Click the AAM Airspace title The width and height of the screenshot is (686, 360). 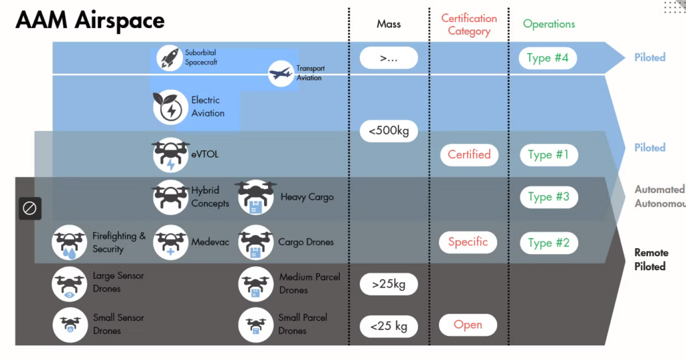[90, 21]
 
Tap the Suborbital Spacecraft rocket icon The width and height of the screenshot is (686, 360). [169, 58]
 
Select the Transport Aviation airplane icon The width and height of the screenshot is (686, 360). [281, 73]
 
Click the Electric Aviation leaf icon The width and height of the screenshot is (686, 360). [169, 107]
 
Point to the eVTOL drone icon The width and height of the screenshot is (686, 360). [170, 155]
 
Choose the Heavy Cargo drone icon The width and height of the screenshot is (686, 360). [255, 197]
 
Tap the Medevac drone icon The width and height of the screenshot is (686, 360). [170, 242]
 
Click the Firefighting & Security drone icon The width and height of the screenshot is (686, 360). [70, 242]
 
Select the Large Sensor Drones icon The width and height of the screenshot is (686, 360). [70, 283]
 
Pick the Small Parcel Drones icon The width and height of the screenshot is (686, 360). [255, 324]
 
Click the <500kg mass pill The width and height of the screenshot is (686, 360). [389, 131]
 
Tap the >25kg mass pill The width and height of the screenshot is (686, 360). [389, 284]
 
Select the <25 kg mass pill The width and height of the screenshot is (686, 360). [389, 326]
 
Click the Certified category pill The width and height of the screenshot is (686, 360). [469, 155]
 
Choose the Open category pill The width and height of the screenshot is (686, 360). [468, 325]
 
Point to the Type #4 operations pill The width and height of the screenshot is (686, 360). [548, 58]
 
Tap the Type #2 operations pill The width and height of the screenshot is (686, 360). [549, 243]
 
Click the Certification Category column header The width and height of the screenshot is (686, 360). [469, 25]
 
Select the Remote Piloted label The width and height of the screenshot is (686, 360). [650, 259]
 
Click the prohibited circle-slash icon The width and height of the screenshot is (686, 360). [29, 208]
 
